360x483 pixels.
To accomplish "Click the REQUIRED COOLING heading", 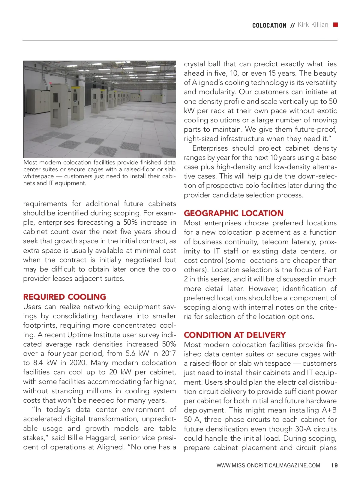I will pyautogui.click(x=64, y=297).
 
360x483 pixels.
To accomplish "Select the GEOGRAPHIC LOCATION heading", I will pyautogui.click(x=233, y=213).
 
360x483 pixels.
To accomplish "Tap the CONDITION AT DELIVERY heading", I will pyautogui.click(x=235, y=335).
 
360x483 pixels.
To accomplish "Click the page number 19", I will pyautogui.click(x=334, y=466).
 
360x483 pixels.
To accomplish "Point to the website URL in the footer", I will pyautogui.click(x=268, y=466).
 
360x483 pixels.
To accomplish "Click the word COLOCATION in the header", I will pyautogui.click(x=269, y=25).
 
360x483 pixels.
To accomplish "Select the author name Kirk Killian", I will pyautogui.click(x=313, y=25).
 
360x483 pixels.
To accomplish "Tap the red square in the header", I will pyautogui.click(x=336, y=25).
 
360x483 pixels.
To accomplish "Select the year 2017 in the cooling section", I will pyautogui.click(x=168, y=353).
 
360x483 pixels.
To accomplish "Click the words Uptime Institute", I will pyautogui.click(x=86, y=335).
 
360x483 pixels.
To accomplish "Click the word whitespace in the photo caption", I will pyautogui.click(x=38, y=176).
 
